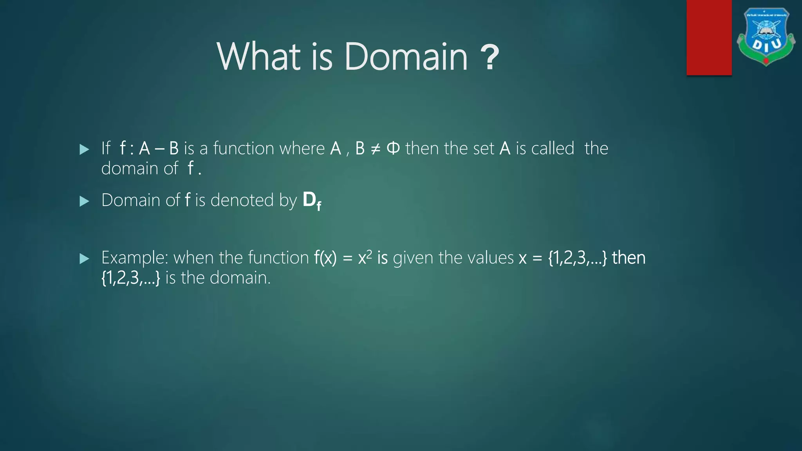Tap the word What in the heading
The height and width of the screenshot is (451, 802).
pyautogui.click(x=259, y=57)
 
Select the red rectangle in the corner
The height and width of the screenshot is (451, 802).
pyautogui.click(x=709, y=38)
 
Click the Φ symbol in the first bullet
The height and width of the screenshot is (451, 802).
pyautogui.click(x=393, y=148)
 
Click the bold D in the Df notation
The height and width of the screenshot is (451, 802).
pyautogui.click(x=309, y=200)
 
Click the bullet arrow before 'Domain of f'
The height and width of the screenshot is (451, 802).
pyautogui.click(x=84, y=201)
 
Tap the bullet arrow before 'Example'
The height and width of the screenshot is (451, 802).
pyautogui.click(x=84, y=258)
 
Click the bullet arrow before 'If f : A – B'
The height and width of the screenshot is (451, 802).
pyautogui.click(x=84, y=149)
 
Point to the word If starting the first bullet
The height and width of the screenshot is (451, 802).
pyautogui.click(x=106, y=148)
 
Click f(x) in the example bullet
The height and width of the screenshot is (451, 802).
pyautogui.click(x=325, y=258)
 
